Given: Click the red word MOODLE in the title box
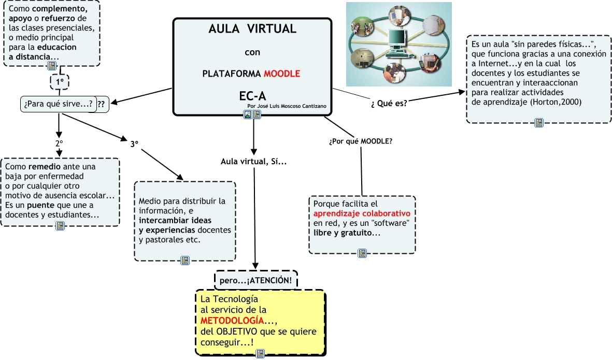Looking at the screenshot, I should point(282,74).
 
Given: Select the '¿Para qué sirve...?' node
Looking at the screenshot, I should point(59,104).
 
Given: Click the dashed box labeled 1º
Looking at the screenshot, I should point(59,82).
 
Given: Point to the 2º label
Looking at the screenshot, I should point(59,142).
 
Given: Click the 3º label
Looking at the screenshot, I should point(134,145).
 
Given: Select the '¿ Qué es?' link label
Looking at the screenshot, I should point(389,103).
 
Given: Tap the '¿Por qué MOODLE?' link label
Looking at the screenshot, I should point(361,141).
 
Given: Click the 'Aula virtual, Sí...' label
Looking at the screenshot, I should point(254,162).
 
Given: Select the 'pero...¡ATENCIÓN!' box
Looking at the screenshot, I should point(256,280).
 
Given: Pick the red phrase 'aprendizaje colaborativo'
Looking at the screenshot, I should point(362,213).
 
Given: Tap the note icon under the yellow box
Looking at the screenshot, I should point(261,354).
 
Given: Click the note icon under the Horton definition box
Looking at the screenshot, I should point(539,123).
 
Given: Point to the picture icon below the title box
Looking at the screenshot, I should point(248,115).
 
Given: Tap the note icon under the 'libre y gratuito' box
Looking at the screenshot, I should point(362,254).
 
